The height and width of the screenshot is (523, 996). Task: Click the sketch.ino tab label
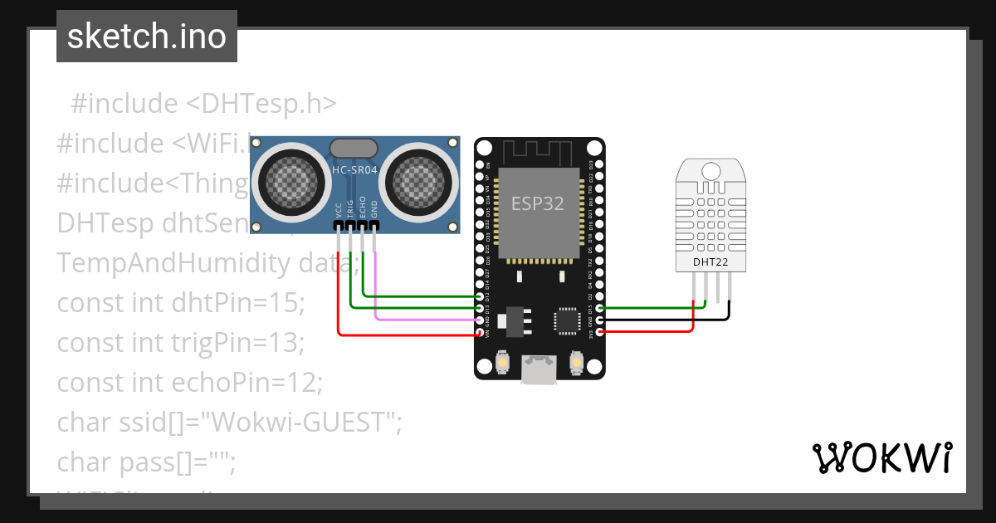click(147, 37)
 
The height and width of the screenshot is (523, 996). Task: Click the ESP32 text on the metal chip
click(537, 203)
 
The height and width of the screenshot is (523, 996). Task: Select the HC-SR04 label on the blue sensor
click(354, 170)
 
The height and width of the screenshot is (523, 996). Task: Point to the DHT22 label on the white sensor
click(710, 262)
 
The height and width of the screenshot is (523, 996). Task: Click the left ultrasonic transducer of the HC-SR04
click(289, 178)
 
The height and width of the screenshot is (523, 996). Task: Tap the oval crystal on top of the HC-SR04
click(354, 148)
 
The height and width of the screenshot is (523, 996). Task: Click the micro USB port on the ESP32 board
click(539, 370)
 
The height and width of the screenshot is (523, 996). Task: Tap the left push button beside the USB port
click(503, 363)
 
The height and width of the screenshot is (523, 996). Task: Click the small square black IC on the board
click(568, 320)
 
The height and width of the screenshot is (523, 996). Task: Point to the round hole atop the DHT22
click(710, 172)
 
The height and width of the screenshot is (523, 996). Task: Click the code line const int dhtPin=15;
click(181, 303)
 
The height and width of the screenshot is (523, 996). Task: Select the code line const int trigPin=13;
click(181, 342)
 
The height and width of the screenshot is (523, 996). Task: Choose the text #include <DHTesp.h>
click(203, 104)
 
